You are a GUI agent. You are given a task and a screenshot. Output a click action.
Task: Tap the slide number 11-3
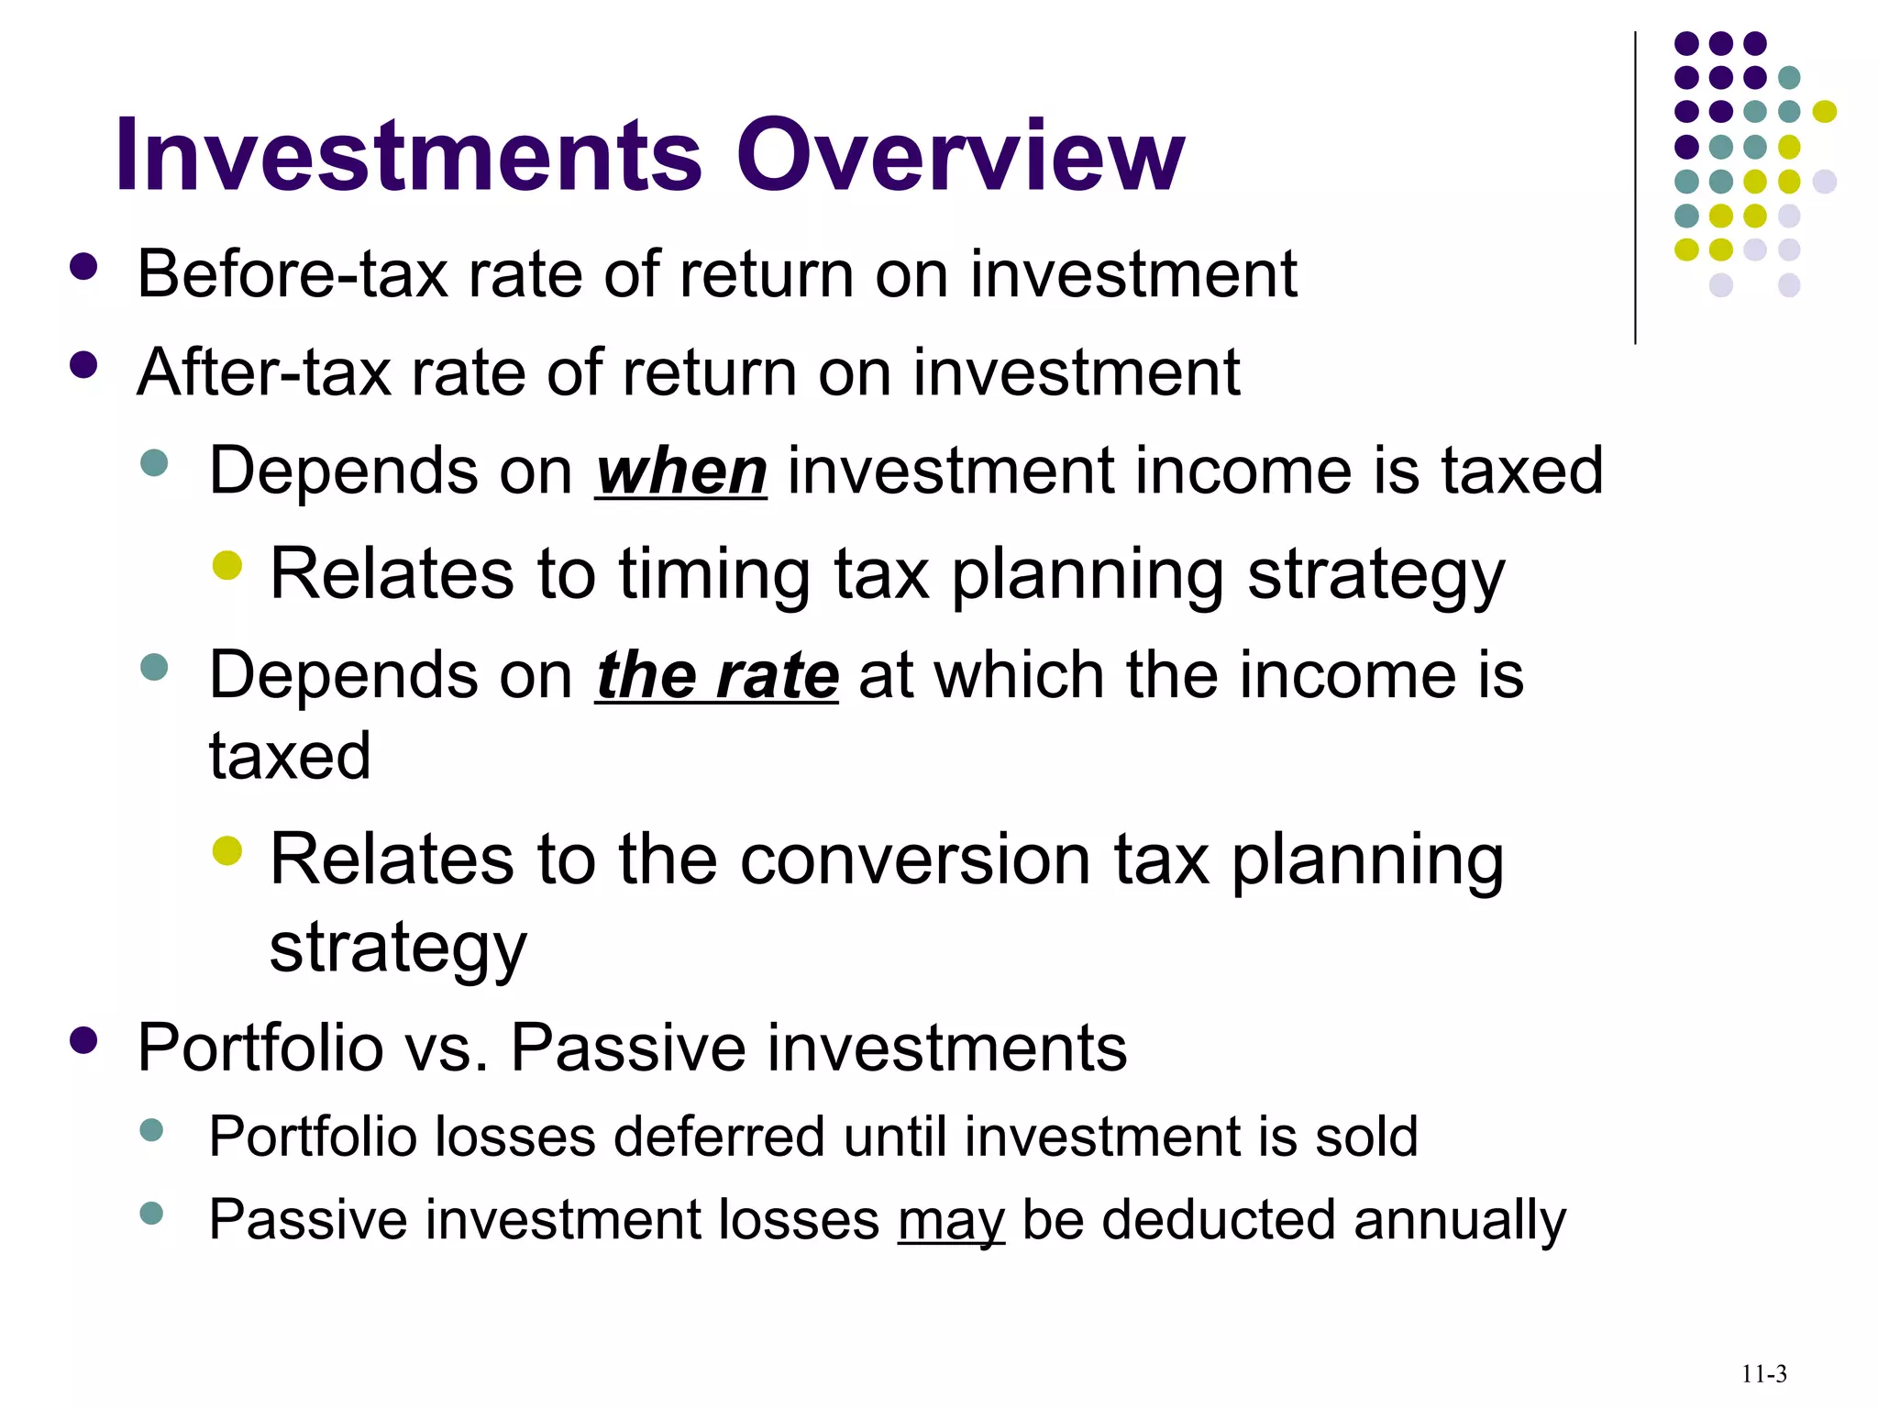pos(1763,1374)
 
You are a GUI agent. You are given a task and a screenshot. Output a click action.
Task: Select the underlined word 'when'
pos(680,472)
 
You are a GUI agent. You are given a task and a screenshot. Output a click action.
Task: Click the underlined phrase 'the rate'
pos(717,676)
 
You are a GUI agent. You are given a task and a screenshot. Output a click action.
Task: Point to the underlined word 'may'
pos(951,1221)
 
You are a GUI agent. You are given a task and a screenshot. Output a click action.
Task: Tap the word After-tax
pos(264,373)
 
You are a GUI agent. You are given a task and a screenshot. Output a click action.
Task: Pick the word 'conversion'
pos(914,860)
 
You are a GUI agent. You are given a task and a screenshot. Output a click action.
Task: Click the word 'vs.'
pos(446,1048)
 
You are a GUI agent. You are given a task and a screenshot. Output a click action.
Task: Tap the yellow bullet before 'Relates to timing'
pos(226,566)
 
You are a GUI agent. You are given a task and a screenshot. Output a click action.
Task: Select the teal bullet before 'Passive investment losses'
pos(151,1214)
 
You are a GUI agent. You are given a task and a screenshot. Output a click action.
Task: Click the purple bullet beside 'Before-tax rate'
pos(83,267)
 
